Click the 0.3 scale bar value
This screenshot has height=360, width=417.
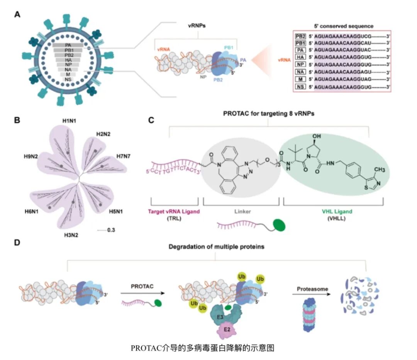[x=111, y=230]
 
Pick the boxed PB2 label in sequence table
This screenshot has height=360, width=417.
[x=299, y=36]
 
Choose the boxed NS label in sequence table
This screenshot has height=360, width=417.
[x=299, y=87]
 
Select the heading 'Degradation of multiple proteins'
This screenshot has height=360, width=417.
[x=216, y=246]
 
